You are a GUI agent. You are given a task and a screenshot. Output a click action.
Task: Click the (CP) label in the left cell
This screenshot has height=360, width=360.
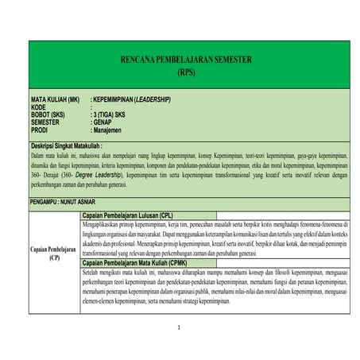[x=53, y=257]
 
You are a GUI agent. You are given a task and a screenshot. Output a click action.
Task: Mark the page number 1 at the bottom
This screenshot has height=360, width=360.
[x=180, y=327]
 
